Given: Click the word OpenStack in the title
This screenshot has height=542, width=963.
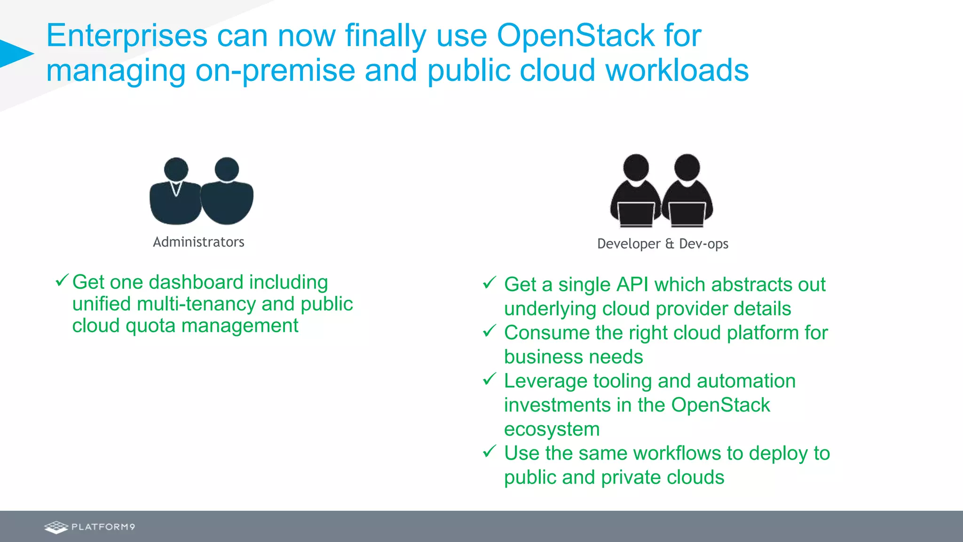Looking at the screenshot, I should coord(576,36).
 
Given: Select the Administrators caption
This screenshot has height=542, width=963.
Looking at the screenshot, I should coord(198,242).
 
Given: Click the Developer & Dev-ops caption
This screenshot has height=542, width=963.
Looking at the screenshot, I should coord(663,244).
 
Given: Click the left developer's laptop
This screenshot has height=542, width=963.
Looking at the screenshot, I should coord(636,214).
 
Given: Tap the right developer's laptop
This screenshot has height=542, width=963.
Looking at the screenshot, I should coord(687,214).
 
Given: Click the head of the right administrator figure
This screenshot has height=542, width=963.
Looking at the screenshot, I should coord(227,169).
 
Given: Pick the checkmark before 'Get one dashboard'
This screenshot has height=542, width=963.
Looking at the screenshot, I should coord(62,280).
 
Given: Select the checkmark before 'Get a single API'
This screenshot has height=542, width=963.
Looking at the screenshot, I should coord(489,283).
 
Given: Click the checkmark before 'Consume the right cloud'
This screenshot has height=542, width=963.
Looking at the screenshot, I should coord(489,331).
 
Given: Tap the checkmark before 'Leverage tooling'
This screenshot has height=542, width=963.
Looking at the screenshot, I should coord(489,379).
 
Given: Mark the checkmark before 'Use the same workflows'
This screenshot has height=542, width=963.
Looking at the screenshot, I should coord(489,451).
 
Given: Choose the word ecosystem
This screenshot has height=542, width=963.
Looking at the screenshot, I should coord(552,429).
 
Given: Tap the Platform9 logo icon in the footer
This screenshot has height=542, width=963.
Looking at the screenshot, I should coord(56,527).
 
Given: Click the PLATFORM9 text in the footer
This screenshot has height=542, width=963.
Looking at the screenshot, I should coord(103,527).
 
